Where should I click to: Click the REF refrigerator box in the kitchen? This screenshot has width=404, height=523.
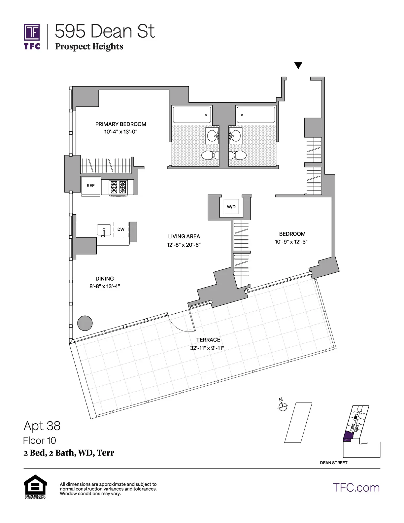[x=91, y=186]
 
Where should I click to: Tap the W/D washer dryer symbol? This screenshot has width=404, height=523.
[x=231, y=207]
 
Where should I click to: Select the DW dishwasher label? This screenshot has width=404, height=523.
[x=121, y=229]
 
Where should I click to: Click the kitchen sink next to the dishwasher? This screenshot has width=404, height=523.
[x=104, y=230]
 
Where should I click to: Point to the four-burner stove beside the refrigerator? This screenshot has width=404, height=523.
[x=118, y=187]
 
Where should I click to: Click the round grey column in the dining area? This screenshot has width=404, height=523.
[x=85, y=323]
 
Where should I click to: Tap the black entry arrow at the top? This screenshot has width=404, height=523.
[x=298, y=66]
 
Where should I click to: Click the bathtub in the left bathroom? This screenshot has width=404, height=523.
[x=192, y=115]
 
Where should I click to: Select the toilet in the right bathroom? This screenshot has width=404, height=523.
[x=239, y=155]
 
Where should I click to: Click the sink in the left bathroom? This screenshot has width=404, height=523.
[x=213, y=136]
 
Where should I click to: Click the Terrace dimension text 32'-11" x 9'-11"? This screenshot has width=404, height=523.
[x=207, y=348]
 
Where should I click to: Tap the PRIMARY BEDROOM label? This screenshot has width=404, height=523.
[x=120, y=124]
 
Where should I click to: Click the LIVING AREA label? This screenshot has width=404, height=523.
[x=184, y=236]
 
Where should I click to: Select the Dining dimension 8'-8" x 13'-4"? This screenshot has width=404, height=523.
[x=104, y=286]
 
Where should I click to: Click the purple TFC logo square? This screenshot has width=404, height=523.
[x=32, y=32]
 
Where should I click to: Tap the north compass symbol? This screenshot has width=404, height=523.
[x=283, y=407]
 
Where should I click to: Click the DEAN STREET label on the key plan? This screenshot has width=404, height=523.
[x=333, y=463]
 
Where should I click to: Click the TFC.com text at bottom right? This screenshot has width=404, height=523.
[x=356, y=488]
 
